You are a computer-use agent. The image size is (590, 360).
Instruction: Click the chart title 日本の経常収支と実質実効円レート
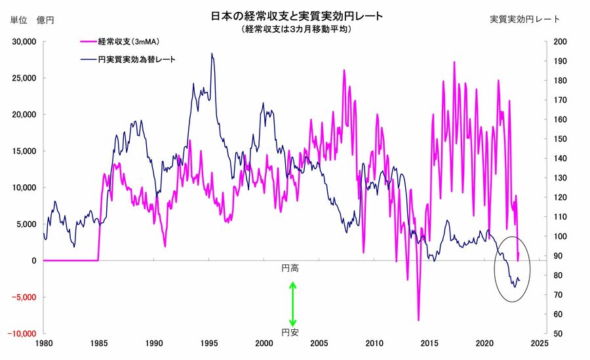coord(296,16)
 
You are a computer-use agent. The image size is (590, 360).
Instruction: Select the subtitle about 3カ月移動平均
coord(296,30)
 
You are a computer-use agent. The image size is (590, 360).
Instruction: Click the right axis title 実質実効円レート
coord(525,19)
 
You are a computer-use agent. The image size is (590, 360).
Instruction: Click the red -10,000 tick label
coord(22,333)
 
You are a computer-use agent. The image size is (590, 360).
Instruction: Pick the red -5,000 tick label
coord(24,296)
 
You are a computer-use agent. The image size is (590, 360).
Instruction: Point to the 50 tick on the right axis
coord(550,333)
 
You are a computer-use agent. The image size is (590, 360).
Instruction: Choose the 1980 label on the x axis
coord(43,344)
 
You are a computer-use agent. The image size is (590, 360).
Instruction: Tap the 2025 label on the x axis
coord(540,344)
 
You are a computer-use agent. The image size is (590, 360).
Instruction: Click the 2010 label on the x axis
coord(374,344)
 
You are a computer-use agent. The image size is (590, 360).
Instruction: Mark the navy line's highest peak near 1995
coord(211,54)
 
